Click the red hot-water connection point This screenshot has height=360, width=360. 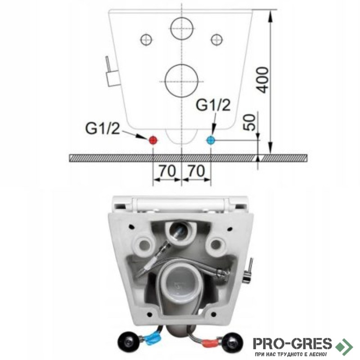coord(153,140)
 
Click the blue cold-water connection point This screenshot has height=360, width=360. coord(211,140)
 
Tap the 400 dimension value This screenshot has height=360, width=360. coord(262,80)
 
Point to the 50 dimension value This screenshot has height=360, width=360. coord(250,122)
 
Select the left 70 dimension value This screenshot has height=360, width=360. coord(167,171)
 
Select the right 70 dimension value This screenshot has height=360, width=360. coord(196,171)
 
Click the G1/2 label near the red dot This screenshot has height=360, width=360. coord(103,128)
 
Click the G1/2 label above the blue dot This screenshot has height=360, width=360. coord(213,105)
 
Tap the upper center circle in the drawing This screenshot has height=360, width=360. coord(182,28)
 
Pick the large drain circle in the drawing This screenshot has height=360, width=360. coord(182,81)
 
